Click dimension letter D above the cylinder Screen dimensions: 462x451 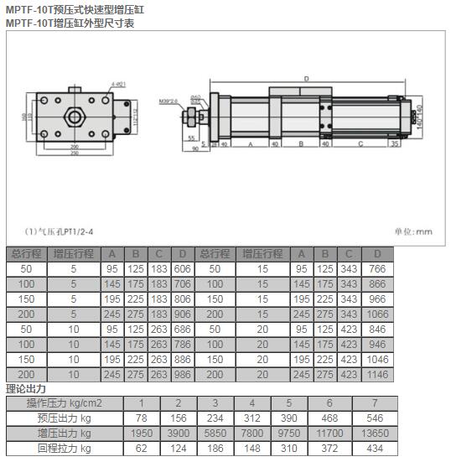click(306, 79)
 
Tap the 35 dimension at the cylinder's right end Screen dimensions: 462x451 click(394, 143)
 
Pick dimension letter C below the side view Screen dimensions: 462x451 click(360, 143)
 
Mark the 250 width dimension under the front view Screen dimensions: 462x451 click(75, 153)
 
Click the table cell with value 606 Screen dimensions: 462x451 click(182, 268)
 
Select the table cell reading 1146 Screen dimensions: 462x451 click(377, 374)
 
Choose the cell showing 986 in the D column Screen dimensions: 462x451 click(182, 374)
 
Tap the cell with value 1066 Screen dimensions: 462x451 click(377, 314)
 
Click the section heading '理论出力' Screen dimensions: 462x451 click(26, 388)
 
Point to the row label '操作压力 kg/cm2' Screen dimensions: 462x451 click(65, 403)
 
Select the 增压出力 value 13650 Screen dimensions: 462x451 click(376, 433)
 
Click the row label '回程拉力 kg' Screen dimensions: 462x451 click(65, 449)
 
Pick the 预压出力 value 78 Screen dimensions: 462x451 click(142, 418)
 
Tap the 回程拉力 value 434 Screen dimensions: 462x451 click(376, 449)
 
